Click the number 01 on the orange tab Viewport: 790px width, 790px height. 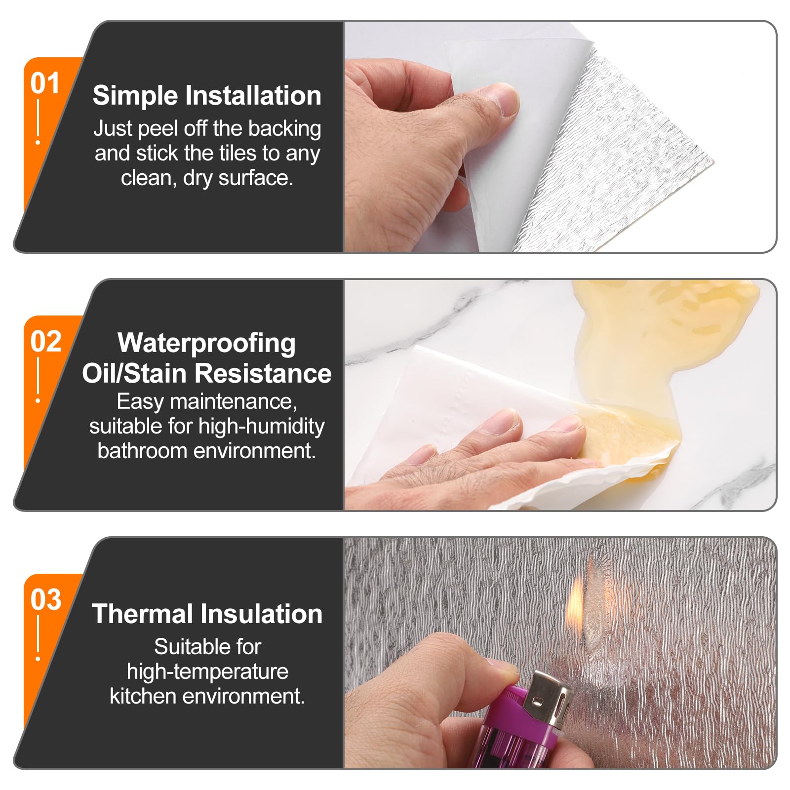point(45,83)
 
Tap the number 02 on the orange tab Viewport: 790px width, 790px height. point(45,342)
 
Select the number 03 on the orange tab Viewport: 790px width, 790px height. point(45,600)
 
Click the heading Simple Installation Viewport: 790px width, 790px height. point(207,95)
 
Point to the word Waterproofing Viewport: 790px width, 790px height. point(206,343)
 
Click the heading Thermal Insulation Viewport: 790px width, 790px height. point(207,614)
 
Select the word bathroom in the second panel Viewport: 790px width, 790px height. point(142,450)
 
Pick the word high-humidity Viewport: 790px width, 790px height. point(261,427)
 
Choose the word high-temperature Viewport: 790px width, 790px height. point(207,672)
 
